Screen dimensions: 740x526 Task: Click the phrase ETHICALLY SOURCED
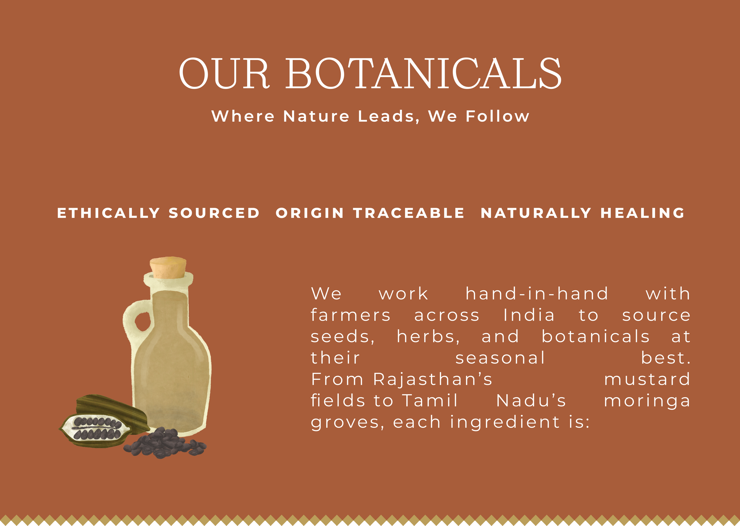click(158, 213)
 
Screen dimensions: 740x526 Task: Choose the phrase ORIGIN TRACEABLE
click(370, 213)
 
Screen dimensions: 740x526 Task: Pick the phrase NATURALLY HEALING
click(583, 213)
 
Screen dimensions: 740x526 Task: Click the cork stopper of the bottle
click(168, 268)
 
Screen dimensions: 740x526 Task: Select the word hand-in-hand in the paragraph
click(537, 294)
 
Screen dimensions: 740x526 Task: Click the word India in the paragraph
click(529, 315)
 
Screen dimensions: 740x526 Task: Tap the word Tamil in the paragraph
click(430, 401)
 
